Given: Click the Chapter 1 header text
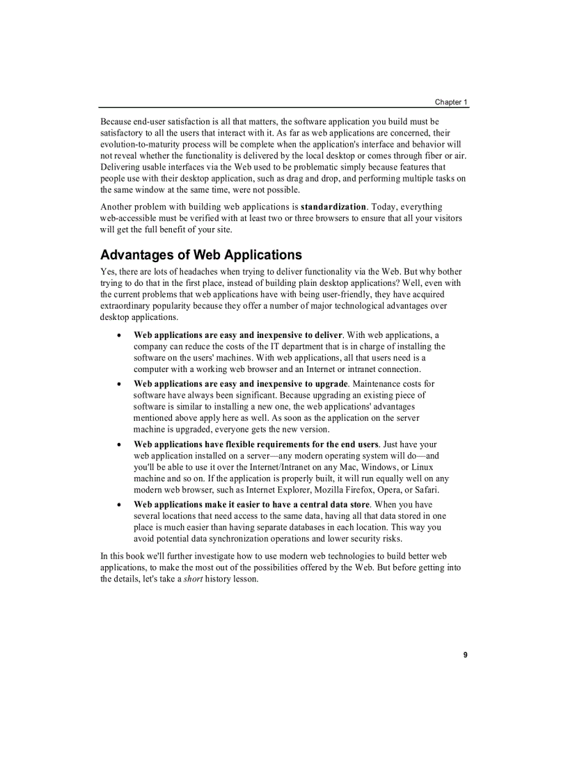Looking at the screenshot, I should pos(451,102).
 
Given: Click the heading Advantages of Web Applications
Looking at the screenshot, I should pos(201,255).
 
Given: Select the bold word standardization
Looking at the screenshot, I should pos(333,207).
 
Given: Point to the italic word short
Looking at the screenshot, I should pos(193,579).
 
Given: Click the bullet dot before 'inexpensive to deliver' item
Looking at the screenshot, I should pos(120,335).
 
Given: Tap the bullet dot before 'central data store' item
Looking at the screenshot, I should pos(120,505).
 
